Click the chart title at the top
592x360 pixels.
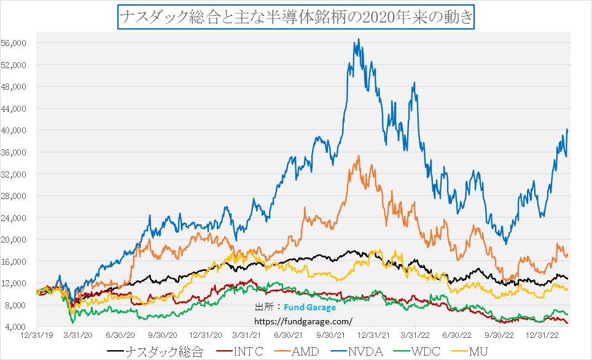(x=295, y=16)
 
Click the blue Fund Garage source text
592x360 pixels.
(x=310, y=308)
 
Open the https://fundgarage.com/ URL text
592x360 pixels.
(x=303, y=321)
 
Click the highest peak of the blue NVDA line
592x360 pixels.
(x=359, y=39)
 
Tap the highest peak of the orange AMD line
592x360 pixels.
(x=359, y=155)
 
